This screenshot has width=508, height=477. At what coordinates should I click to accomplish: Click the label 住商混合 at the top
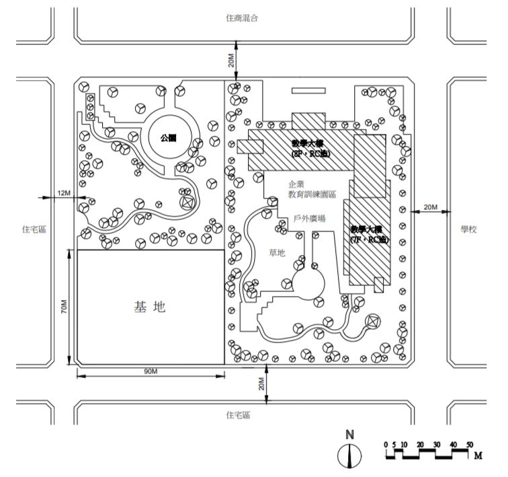click(x=242, y=18)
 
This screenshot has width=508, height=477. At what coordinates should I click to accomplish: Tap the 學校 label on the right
click(x=468, y=229)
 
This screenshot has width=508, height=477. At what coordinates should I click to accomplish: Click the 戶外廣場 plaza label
click(x=310, y=219)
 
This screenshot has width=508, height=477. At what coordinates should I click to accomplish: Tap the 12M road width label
click(x=65, y=193)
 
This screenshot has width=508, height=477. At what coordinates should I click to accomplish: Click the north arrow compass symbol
click(x=349, y=456)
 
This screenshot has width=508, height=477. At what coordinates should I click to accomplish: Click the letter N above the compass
click(x=349, y=435)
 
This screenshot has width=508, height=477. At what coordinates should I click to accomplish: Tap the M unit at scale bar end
click(x=478, y=455)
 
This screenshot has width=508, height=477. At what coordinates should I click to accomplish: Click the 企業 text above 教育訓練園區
click(x=296, y=183)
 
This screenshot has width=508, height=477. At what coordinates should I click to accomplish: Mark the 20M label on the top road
click(x=231, y=61)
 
